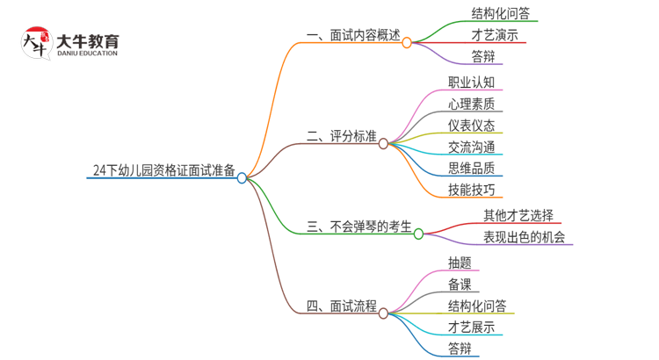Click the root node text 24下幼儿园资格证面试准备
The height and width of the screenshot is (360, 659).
point(163,170)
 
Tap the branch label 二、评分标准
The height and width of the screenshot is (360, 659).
point(342,137)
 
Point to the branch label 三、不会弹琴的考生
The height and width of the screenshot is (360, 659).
point(359,227)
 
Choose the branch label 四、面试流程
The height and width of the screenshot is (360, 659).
point(342,306)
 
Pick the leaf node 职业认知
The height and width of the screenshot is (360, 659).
point(471,83)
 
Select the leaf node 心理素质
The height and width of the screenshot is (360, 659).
point(471,104)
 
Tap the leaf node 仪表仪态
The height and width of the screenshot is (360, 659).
point(471,126)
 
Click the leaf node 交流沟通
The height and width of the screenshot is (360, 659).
point(471,147)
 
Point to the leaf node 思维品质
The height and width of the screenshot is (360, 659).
point(471,168)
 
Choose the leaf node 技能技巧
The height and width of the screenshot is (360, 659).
point(471,189)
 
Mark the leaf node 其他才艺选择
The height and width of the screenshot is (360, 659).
point(518,215)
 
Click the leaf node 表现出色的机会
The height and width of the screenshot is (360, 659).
point(524,237)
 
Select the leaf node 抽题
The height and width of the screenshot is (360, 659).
point(460,263)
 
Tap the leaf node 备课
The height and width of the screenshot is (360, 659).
point(460,284)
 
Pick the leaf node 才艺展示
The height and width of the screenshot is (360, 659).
point(471,327)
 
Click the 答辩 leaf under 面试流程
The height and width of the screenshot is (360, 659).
point(460,348)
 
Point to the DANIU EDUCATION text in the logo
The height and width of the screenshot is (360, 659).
point(86,53)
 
